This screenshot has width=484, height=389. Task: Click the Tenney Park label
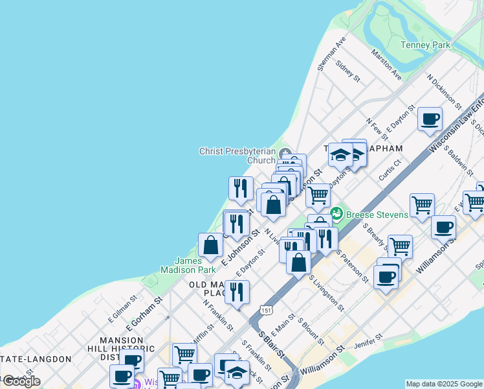coord(425,45)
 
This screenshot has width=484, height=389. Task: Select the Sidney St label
coord(348,71)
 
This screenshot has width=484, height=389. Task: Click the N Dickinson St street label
coord(444,90)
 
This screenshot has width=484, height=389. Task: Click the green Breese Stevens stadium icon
coord(336,213)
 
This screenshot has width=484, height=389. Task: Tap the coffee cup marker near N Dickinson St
coord(430,119)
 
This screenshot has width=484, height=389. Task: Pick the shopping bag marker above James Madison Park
coord(211,245)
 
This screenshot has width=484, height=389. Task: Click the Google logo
coord(21,381)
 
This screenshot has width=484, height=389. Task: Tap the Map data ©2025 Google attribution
coord(443,384)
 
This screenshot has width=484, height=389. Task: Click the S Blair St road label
coord(271,346)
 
